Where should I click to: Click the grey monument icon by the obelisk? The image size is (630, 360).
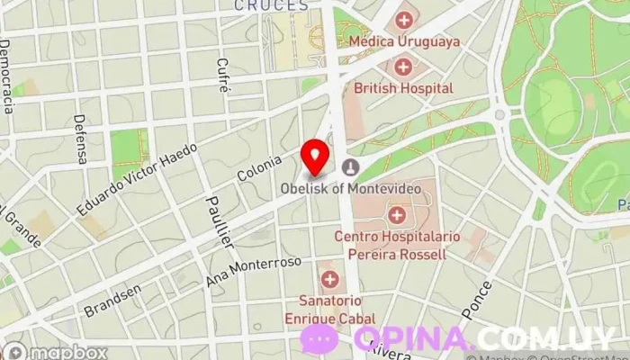coord(350,166)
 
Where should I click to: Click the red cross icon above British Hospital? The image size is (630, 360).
coord(402,67)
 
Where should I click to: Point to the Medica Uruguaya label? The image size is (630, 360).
coord(404,41)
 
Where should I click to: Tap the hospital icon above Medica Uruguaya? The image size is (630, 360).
coord(404,19)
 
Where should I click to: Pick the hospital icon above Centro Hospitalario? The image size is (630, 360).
coord(396,214)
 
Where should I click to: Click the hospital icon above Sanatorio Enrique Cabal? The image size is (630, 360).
coord(330,278)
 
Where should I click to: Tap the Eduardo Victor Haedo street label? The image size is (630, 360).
coord(137,176)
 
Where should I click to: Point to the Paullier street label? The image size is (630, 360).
coord(220,221)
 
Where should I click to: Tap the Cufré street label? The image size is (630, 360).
coord(221,76)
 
